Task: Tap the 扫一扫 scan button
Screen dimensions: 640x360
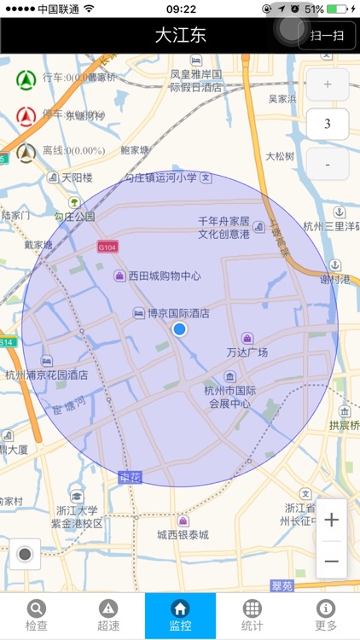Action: [x=328, y=35]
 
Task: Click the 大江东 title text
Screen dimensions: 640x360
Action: [x=180, y=35]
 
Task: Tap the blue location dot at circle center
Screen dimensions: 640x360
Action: [x=179, y=329]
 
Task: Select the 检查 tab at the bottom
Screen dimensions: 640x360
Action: [x=37, y=615]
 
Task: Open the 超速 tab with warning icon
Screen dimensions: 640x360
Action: [x=108, y=615]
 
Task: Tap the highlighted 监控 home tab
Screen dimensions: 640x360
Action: [x=180, y=615]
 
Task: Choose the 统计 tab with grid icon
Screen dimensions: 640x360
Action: [x=253, y=615]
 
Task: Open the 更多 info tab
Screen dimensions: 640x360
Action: [x=325, y=615]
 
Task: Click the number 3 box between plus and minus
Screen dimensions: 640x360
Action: [x=328, y=124]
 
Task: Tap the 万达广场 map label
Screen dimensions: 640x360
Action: [x=247, y=352]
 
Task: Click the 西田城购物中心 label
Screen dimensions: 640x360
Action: [x=165, y=276]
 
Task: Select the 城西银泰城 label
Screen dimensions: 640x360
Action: [x=183, y=535]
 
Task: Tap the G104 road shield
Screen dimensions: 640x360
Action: [x=107, y=247]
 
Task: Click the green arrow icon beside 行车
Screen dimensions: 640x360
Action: [x=26, y=79]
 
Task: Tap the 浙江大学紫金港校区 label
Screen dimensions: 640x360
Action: [x=75, y=516]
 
